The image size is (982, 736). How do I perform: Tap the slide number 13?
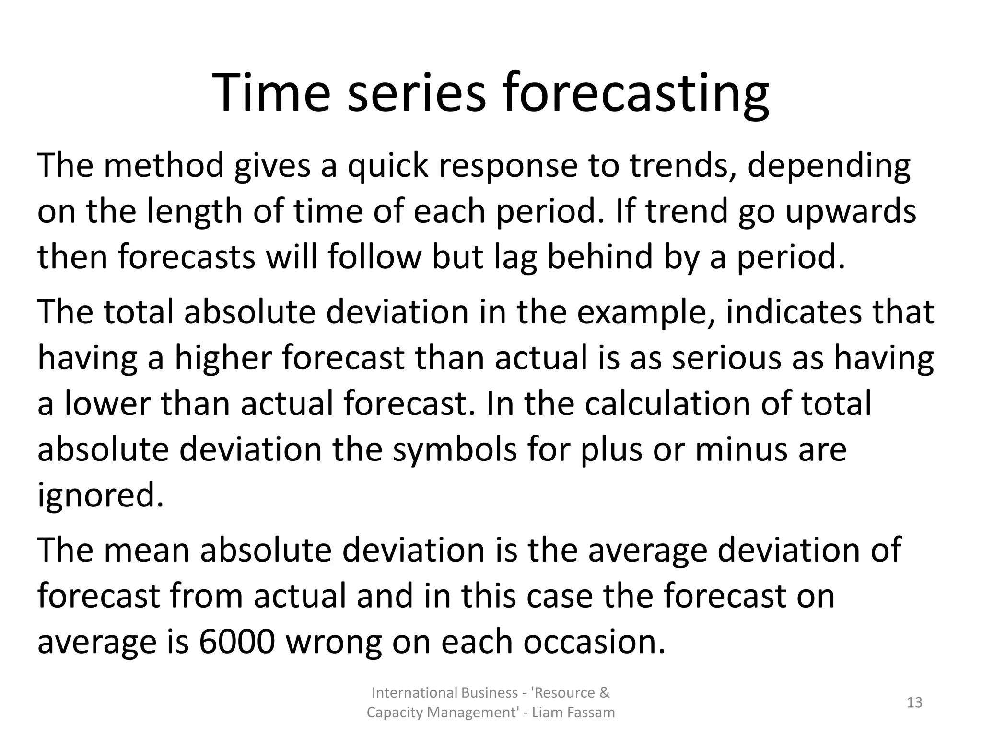pyautogui.click(x=914, y=702)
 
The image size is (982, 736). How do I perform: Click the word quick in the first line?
pyautogui.click(x=387, y=166)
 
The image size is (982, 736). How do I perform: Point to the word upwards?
pyautogui.click(x=851, y=212)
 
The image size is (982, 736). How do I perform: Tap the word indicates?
pyautogui.click(x=794, y=312)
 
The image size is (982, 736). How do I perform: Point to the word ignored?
pyautogui.click(x=100, y=495)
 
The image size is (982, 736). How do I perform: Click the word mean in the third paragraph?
pyautogui.click(x=146, y=550)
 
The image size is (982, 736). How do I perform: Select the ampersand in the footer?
pyautogui.click(x=605, y=693)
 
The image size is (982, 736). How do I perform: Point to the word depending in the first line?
pyautogui.click(x=829, y=166)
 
